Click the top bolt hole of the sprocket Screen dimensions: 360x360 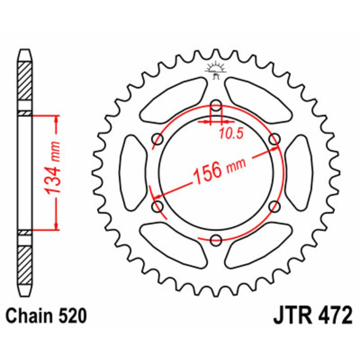216,107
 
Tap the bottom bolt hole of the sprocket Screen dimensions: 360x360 216,240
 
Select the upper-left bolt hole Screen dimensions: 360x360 158,139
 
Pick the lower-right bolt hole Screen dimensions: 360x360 274,206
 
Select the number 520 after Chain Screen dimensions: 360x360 71,316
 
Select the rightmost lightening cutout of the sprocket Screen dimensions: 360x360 298,173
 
